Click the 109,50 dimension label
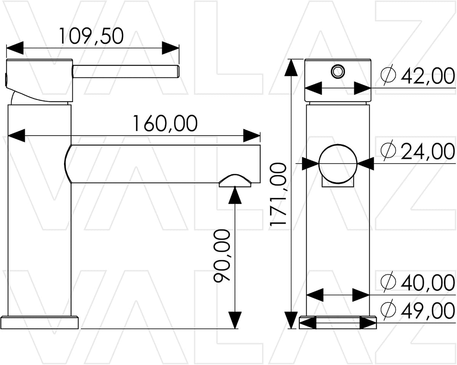point(91,36)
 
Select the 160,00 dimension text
point(165,123)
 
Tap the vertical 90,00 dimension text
point(222,256)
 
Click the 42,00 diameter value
point(428,76)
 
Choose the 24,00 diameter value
point(428,151)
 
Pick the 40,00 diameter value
point(428,282)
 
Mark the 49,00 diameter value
point(428,311)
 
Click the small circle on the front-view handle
point(338,71)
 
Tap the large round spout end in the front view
point(338,163)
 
